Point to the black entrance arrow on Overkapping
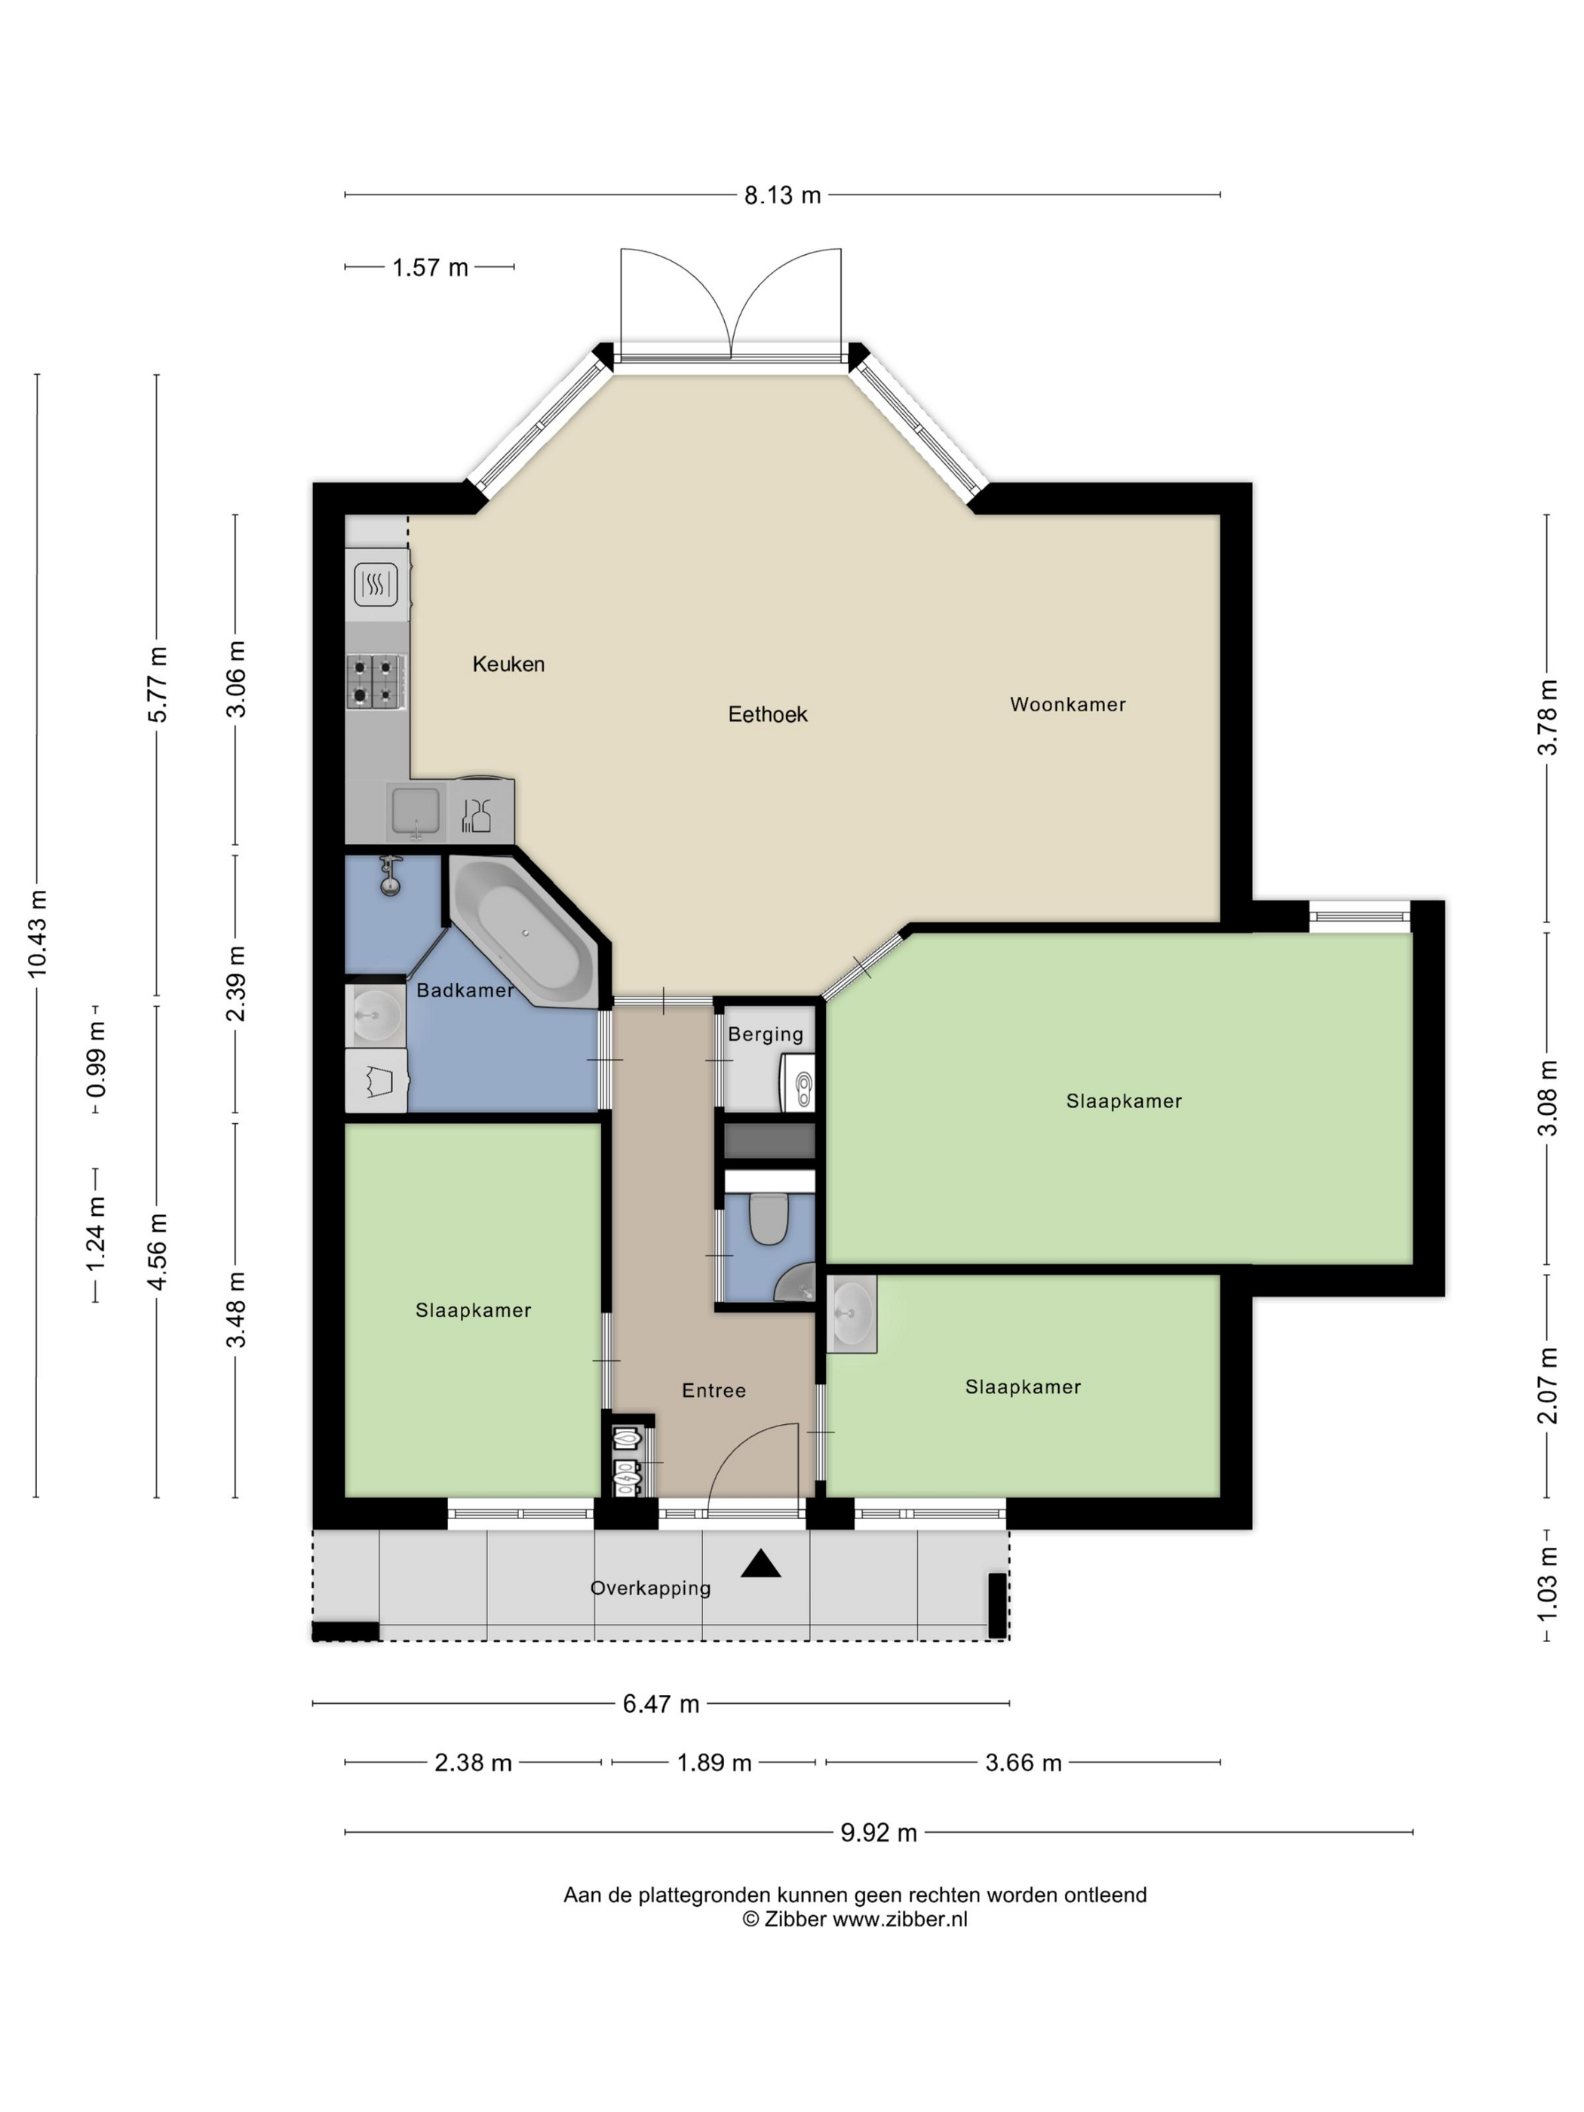[760, 1563]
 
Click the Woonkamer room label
[1067, 705]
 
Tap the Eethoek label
[768, 714]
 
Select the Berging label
[765, 1034]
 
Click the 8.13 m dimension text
[782, 195]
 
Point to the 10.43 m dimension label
[37, 933]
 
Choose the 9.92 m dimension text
[879, 1832]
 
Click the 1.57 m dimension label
[430, 267]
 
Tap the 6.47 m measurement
[661, 1703]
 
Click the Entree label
[714, 1390]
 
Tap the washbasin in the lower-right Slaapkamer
[852, 1313]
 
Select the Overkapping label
[650, 1588]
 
